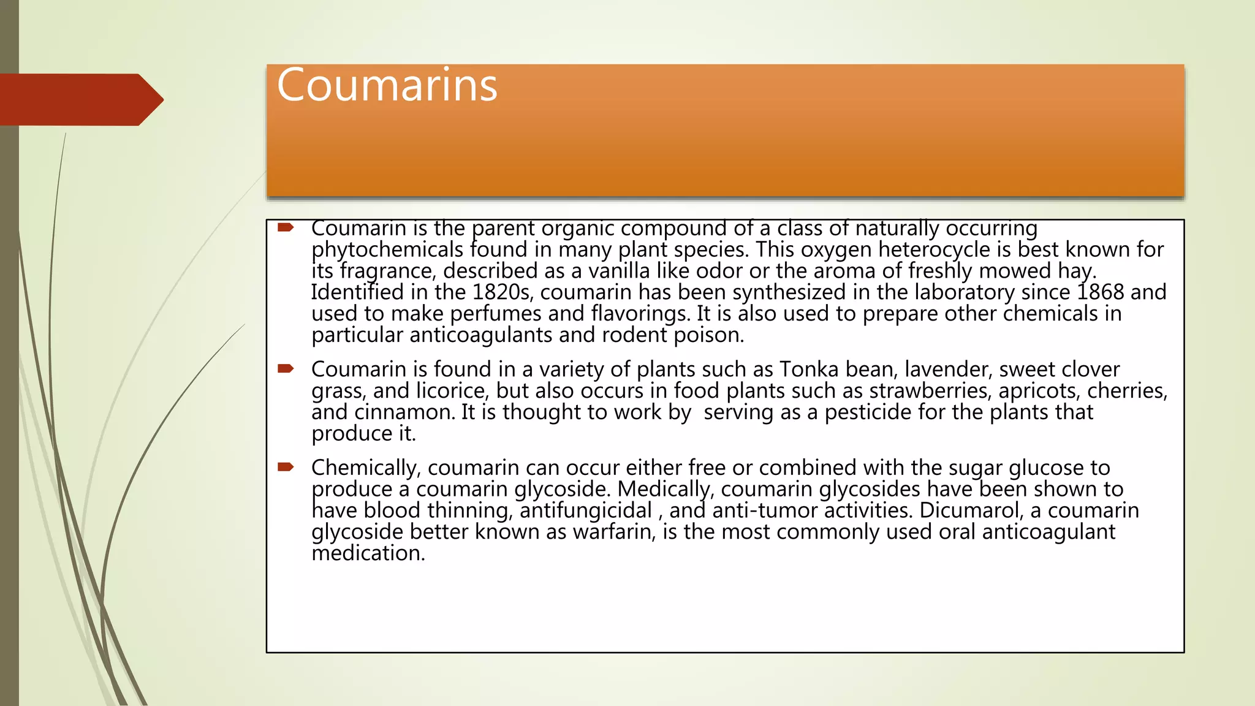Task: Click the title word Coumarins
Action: coord(387,85)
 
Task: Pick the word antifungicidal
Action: coord(586,511)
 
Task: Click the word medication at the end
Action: coord(368,553)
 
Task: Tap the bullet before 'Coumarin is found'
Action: coord(286,368)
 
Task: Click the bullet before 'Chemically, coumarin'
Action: coord(286,467)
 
